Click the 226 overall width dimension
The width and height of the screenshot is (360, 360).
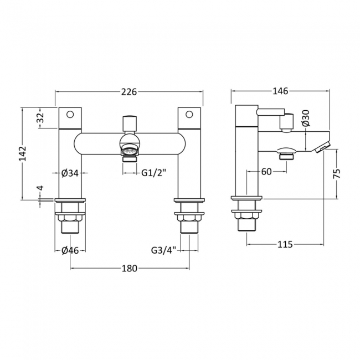click(x=129, y=92)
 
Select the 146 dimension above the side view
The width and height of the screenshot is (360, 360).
click(x=280, y=91)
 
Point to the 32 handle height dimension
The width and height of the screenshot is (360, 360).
click(x=40, y=118)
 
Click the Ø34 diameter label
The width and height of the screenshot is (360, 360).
click(x=70, y=173)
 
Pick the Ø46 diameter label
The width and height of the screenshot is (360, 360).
click(x=70, y=250)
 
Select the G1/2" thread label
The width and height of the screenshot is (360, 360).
click(x=153, y=173)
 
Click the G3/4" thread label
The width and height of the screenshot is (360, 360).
click(x=163, y=250)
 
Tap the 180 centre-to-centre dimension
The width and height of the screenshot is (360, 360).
click(x=129, y=268)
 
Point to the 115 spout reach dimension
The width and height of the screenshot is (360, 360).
click(x=285, y=244)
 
